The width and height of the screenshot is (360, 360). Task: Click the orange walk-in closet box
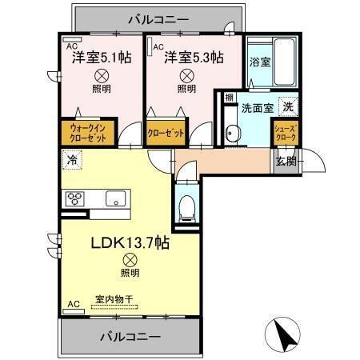pos(86,131)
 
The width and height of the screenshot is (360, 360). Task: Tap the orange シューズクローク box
pos(285,132)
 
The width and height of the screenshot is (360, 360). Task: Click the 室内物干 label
pos(114,298)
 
